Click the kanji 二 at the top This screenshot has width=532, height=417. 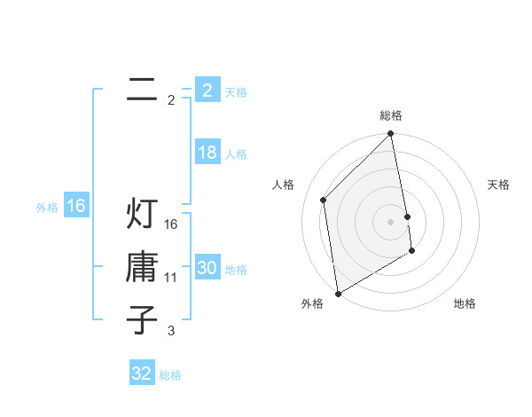[x=142, y=89]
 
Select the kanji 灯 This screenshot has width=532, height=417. [x=142, y=214]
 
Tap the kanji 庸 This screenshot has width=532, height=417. [x=142, y=265]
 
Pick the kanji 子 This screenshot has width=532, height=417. [x=142, y=319]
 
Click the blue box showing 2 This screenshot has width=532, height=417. [x=207, y=90]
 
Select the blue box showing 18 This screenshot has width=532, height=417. [x=207, y=153]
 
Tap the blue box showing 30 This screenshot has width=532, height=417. [x=207, y=268]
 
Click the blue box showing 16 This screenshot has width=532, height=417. [x=75, y=206]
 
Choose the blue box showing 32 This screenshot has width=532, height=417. [x=142, y=374]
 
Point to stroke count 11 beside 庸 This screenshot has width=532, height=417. [x=171, y=278]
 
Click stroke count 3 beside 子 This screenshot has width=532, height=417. [x=171, y=331]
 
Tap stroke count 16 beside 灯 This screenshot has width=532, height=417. [x=171, y=224]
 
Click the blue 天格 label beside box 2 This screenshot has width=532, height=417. [x=236, y=92]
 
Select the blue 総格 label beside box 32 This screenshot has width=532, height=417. [x=170, y=375]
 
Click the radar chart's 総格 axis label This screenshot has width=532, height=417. [x=391, y=115]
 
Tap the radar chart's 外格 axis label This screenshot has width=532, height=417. [x=312, y=303]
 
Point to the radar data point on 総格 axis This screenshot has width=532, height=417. [x=391, y=135]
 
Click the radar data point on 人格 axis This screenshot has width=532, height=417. [x=324, y=200]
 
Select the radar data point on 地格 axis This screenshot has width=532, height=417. [x=412, y=252]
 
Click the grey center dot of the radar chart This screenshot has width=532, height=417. [x=391, y=221]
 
